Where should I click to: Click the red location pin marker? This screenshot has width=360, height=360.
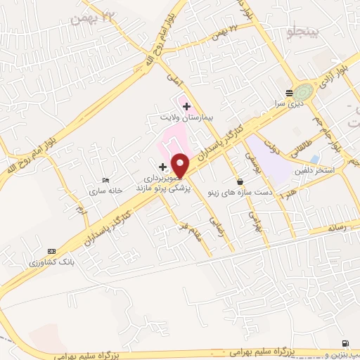pos(181,165)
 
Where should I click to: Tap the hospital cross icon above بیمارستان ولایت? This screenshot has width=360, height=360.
pos(186,106)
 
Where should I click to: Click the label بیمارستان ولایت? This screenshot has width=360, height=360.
pos(186,117)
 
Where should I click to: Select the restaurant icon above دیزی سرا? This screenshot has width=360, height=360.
pos(289,94)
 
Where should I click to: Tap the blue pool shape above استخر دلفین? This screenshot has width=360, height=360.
pos(314,159)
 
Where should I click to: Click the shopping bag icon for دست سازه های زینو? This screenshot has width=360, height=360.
pos(240,181)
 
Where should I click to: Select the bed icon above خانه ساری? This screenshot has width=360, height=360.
pos(105,180)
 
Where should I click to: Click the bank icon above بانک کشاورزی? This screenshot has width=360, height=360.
pos(51,251)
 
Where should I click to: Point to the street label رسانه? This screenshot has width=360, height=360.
pos(334,227)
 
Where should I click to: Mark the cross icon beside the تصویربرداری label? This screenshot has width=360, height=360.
pos(163,167)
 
